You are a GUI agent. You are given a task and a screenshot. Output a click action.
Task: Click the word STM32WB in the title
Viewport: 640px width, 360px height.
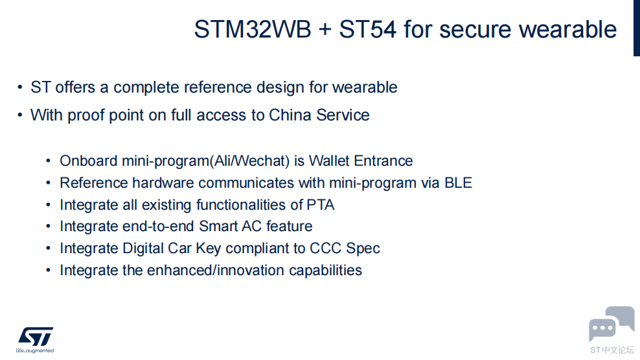tap(253, 29)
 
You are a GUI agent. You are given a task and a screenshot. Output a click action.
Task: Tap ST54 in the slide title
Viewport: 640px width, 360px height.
tap(367, 29)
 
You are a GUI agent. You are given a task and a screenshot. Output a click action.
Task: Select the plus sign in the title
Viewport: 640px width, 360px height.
tap(325, 30)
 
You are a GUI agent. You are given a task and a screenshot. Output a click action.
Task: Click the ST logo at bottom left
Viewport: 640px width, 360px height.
tap(36, 337)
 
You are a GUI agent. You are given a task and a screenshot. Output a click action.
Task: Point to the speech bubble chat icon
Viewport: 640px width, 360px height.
tap(611, 324)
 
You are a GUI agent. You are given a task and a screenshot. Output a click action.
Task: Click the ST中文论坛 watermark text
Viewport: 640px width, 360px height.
tap(612, 350)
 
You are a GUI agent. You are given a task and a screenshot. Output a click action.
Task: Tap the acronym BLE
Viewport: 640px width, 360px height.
tap(458, 183)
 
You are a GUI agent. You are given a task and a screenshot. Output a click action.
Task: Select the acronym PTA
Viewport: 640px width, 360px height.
tap(321, 205)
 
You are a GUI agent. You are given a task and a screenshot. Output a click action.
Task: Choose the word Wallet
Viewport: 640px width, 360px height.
tap(329, 161)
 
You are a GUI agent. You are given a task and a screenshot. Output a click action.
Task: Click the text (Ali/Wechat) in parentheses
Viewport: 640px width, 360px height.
tap(250, 161)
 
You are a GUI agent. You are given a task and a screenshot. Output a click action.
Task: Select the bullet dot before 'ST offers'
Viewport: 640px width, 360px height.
tap(20, 87)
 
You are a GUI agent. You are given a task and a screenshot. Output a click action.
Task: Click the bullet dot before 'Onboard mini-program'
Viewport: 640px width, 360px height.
tap(48, 161)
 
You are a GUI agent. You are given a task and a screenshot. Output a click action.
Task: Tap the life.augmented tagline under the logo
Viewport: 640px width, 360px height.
tap(35, 351)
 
